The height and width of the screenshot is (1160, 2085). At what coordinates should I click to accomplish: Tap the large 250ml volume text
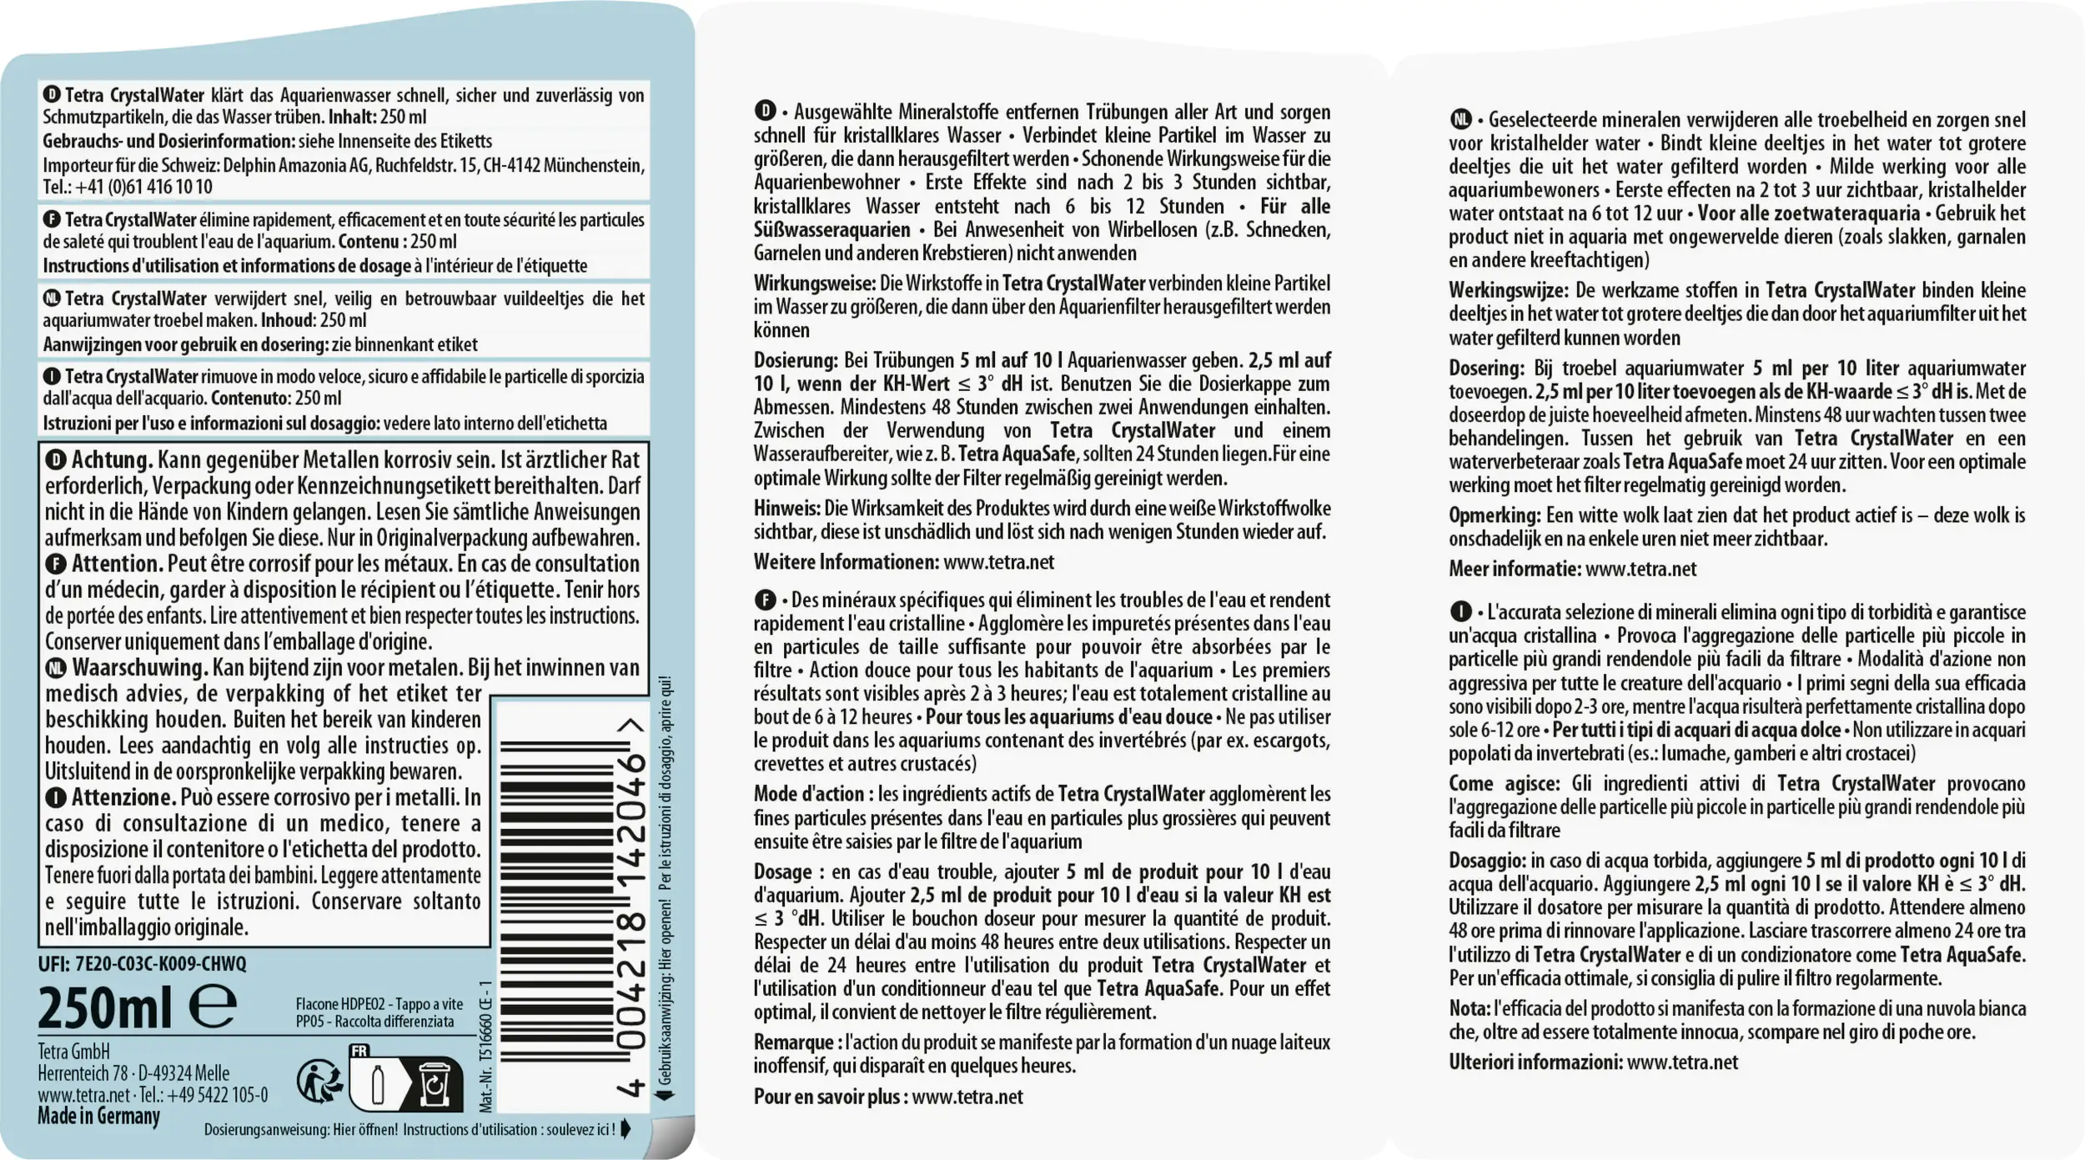pos(105,1007)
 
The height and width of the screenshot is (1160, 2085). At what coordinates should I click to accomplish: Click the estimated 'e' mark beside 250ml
pos(213,1007)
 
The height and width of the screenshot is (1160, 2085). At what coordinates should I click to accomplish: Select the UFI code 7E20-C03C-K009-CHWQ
pos(160,963)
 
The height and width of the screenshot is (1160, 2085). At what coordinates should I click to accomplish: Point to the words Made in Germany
pos(98,1116)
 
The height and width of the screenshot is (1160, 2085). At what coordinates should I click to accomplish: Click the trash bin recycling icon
pos(435,1085)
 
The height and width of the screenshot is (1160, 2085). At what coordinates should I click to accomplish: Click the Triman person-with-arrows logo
pos(319,1082)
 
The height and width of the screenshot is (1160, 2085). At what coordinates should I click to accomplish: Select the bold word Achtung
pos(112,459)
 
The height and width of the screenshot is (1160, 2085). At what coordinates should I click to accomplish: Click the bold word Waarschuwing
pos(139,668)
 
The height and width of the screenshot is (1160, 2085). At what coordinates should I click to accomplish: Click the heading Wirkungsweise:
pos(814,284)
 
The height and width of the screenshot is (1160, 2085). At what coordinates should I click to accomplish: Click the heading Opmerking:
pos(1495,515)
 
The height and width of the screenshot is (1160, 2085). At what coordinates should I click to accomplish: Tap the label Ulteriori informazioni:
pos(1535,1062)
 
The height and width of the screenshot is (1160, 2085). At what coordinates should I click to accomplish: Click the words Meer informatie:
pos(1515,570)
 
